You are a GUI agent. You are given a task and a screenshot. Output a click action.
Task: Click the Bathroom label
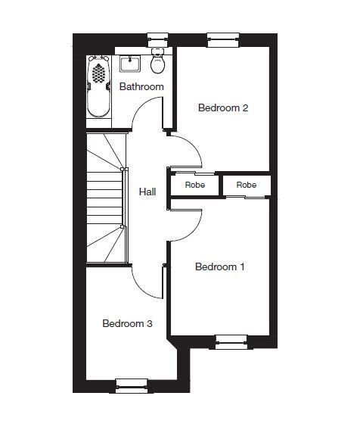pos(141,86)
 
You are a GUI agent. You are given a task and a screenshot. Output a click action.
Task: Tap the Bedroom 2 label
pos(223,107)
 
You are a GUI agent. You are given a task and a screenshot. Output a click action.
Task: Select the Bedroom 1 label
pos(220,266)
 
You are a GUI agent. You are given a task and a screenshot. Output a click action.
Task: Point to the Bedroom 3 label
pos(127,323)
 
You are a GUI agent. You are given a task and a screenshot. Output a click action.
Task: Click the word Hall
pos(147,192)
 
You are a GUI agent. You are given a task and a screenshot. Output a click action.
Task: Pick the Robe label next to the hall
pos(195,185)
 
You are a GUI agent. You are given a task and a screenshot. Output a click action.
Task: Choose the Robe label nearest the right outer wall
pos(247,185)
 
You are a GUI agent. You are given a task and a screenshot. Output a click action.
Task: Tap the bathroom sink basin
pos(130,64)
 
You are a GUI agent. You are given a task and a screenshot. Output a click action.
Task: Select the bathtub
pos(99,86)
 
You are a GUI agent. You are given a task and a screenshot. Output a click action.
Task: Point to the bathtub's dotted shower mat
pos(98,73)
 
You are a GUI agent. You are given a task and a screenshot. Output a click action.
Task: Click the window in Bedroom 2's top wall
pos(223,40)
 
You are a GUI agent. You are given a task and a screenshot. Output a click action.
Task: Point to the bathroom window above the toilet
pos(158,40)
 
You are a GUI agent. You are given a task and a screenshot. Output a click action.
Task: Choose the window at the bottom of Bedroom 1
pos(231,342)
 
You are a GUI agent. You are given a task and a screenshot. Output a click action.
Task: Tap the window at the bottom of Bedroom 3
pos(132,386)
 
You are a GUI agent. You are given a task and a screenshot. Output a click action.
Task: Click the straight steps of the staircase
pos(104,198)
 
